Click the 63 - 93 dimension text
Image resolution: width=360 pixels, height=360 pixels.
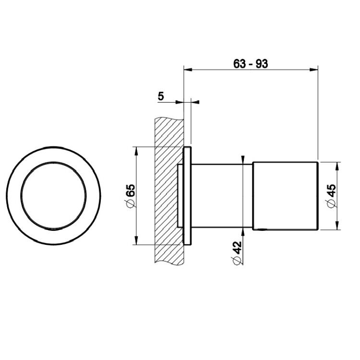[251, 63]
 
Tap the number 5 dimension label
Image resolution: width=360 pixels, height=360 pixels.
[161, 96]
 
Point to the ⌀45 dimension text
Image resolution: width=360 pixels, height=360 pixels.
[331, 196]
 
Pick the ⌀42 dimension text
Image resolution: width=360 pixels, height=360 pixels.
[237, 253]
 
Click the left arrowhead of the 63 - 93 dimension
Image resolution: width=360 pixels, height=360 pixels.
[188, 70]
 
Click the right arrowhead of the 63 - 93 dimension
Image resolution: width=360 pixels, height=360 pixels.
[314, 70]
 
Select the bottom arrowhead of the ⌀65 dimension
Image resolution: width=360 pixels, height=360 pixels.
[136, 240]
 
